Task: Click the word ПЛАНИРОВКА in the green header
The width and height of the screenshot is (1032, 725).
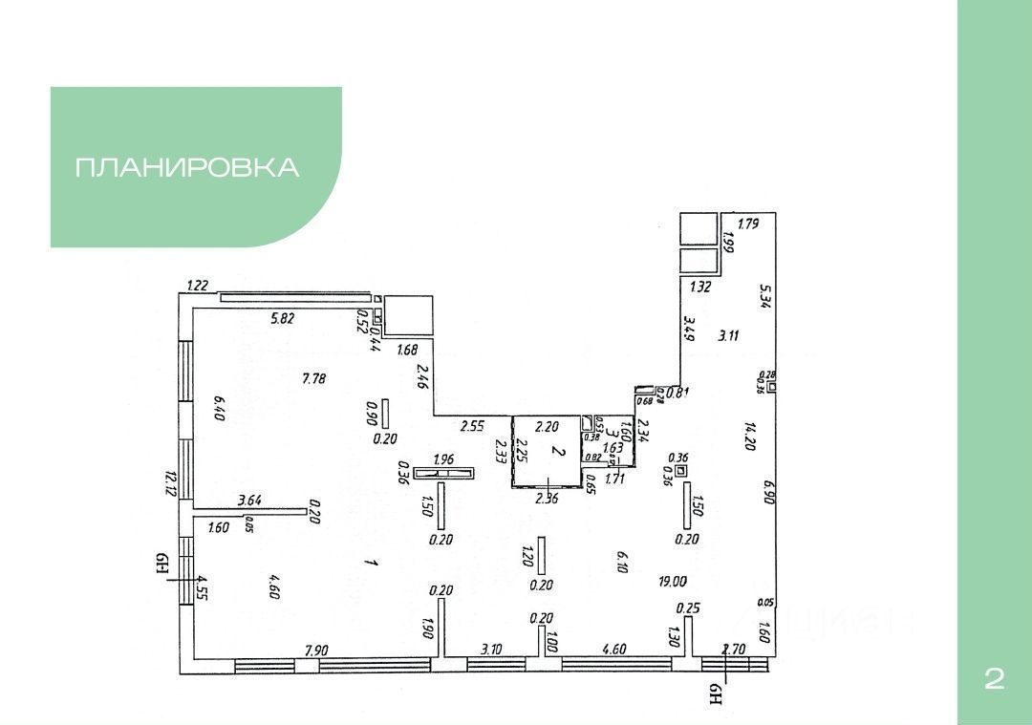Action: click(x=187, y=167)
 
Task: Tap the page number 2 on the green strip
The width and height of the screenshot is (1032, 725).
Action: click(x=994, y=679)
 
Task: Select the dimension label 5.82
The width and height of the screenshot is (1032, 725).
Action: click(x=282, y=318)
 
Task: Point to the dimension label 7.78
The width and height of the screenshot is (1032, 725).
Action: click(x=314, y=378)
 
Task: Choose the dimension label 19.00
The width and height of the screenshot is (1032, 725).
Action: click(x=672, y=581)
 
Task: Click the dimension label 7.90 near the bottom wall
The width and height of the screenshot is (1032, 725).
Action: click(x=316, y=650)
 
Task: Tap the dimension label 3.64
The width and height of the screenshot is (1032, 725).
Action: click(x=249, y=499)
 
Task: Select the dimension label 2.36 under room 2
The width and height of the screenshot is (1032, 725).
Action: click(x=546, y=498)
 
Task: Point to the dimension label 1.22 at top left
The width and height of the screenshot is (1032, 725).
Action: click(x=198, y=285)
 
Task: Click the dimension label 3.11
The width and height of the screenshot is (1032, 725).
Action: click(x=729, y=334)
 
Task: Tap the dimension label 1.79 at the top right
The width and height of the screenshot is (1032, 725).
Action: click(x=747, y=225)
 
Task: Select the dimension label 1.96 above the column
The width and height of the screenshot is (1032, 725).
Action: click(x=443, y=459)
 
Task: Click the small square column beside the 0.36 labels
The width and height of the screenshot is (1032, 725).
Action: click(x=680, y=471)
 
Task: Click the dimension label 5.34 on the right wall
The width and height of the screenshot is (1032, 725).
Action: click(x=763, y=297)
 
